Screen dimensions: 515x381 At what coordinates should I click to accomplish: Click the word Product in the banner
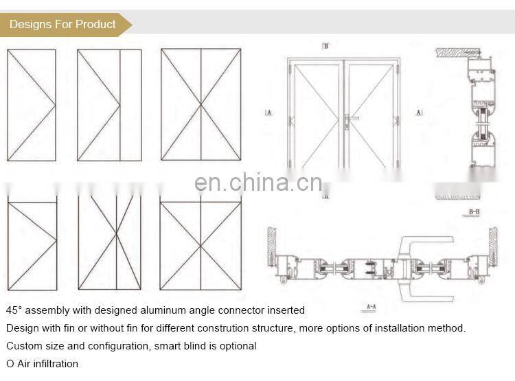point(95,25)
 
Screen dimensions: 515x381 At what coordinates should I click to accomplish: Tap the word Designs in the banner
point(31,25)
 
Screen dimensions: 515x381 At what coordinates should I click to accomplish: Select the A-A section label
point(371,306)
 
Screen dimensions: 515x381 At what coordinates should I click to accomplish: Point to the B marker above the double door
point(325,46)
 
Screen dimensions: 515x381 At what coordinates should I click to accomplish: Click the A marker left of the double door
point(268,112)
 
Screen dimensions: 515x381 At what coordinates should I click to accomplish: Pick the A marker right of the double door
point(419,112)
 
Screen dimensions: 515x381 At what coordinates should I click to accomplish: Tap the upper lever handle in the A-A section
point(429,241)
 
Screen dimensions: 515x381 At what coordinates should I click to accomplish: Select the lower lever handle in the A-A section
point(429,297)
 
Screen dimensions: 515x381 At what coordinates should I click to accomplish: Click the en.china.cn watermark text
point(257,183)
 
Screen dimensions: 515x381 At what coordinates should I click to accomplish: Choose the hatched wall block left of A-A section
point(271,246)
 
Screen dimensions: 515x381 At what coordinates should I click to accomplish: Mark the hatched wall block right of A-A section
point(493,246)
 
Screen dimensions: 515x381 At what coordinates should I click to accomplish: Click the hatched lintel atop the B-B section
point(459,51)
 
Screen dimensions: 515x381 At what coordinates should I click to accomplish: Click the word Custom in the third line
point(23,346)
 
